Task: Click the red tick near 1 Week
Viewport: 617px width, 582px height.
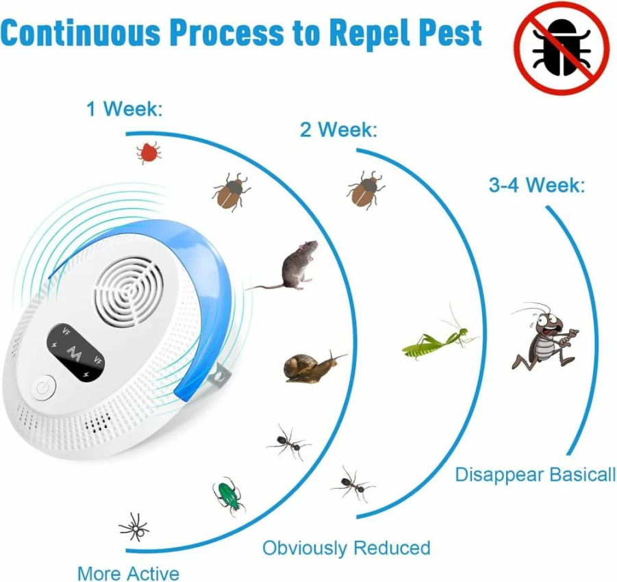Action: [149, 153]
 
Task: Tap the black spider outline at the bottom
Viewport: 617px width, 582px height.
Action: [134, 527]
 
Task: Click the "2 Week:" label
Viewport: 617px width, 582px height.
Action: [338, 129]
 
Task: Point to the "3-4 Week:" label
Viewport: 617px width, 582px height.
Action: [537, 185]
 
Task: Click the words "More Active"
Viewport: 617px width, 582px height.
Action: [128, 573]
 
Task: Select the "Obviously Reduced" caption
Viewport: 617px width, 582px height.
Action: [347, 547]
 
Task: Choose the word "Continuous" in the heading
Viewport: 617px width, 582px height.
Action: [81, 33]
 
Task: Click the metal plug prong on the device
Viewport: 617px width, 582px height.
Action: [218, 377]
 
